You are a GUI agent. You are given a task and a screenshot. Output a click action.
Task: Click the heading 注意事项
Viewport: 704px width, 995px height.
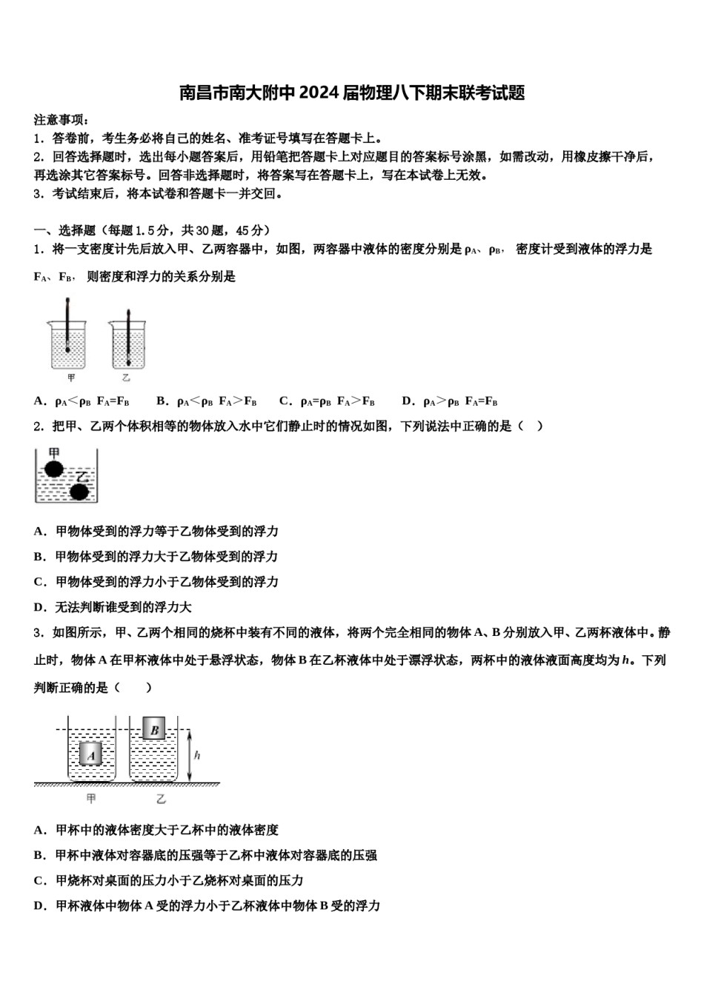(62, 120)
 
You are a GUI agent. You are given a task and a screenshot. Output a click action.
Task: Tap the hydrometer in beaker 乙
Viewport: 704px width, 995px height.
(128, 337)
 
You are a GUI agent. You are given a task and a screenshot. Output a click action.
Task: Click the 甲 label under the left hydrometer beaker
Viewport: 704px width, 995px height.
(71, 378)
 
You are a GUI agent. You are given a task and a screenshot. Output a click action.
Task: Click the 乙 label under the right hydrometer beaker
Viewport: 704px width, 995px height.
(126, 378)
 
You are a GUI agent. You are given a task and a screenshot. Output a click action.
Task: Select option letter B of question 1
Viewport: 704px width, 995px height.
(161, 401)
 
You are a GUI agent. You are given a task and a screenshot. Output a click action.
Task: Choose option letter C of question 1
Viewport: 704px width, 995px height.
(284, 401)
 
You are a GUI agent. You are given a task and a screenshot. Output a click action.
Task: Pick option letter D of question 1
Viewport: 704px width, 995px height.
(406, 401)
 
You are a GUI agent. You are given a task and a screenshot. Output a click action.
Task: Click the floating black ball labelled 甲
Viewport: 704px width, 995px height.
(53, 469)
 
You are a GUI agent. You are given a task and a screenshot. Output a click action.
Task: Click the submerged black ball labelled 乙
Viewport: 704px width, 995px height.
(79, 490)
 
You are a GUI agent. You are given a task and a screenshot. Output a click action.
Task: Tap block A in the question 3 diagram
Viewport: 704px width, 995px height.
(91, 755)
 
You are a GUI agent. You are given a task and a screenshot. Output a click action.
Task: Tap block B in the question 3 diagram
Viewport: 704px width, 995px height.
(154, 730)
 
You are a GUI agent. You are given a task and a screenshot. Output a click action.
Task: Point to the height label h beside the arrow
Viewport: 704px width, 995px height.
(197, 756)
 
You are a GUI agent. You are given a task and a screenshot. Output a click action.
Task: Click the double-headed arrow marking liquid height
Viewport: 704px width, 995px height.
(190, 756)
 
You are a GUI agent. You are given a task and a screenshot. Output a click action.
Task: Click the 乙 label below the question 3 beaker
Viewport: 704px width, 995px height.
(161, 799)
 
